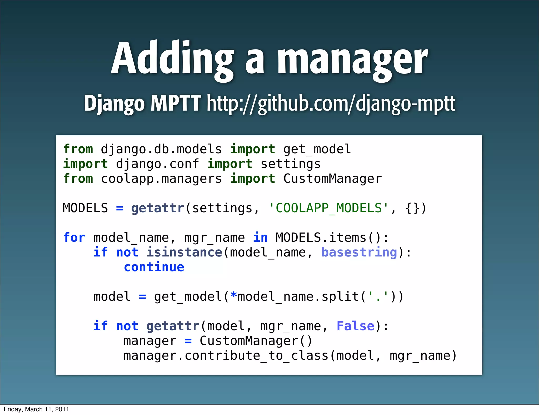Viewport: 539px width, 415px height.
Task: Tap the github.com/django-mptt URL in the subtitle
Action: point(331,103)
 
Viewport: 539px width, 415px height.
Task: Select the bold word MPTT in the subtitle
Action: point(176,103)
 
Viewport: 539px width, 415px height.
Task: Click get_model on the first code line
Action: point(317,149)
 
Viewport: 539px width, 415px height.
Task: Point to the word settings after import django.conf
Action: point(291,164)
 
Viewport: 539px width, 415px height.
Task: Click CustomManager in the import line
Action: point(332,179)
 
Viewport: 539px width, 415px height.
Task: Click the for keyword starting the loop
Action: point(74,238)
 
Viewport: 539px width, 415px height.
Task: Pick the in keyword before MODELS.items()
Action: point(260,238)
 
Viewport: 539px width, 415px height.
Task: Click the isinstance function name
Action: point(184,253)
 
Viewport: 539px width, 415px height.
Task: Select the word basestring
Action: point(359,253)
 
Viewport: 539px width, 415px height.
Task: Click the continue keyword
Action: point(154,267)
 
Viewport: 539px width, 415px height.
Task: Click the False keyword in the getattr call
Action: point(355,326)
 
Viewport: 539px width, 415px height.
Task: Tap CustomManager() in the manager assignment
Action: point(256,341)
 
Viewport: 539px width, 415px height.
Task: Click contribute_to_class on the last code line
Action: point(257,356)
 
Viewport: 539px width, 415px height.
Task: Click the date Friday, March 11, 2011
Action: point(36,409)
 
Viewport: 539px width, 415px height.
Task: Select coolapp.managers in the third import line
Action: point(161,179)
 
